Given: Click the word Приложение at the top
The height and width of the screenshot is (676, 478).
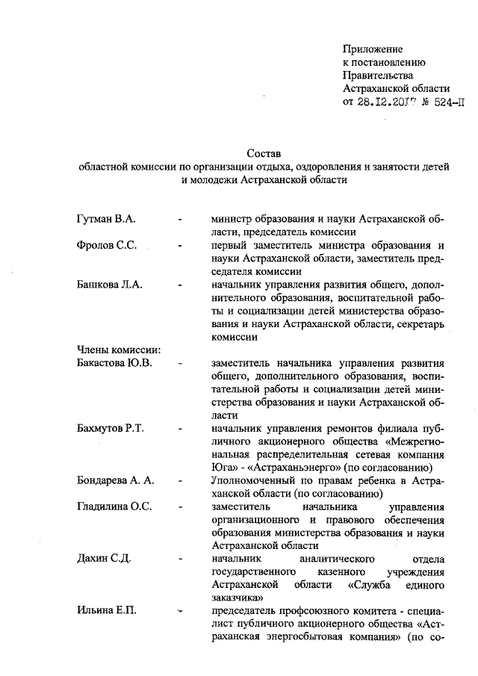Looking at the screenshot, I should coord(373,49).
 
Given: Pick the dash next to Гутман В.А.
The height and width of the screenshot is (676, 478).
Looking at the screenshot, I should coord(181,220).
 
